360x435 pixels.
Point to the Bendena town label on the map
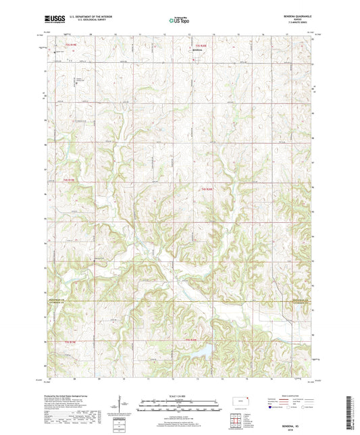(197, 50)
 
